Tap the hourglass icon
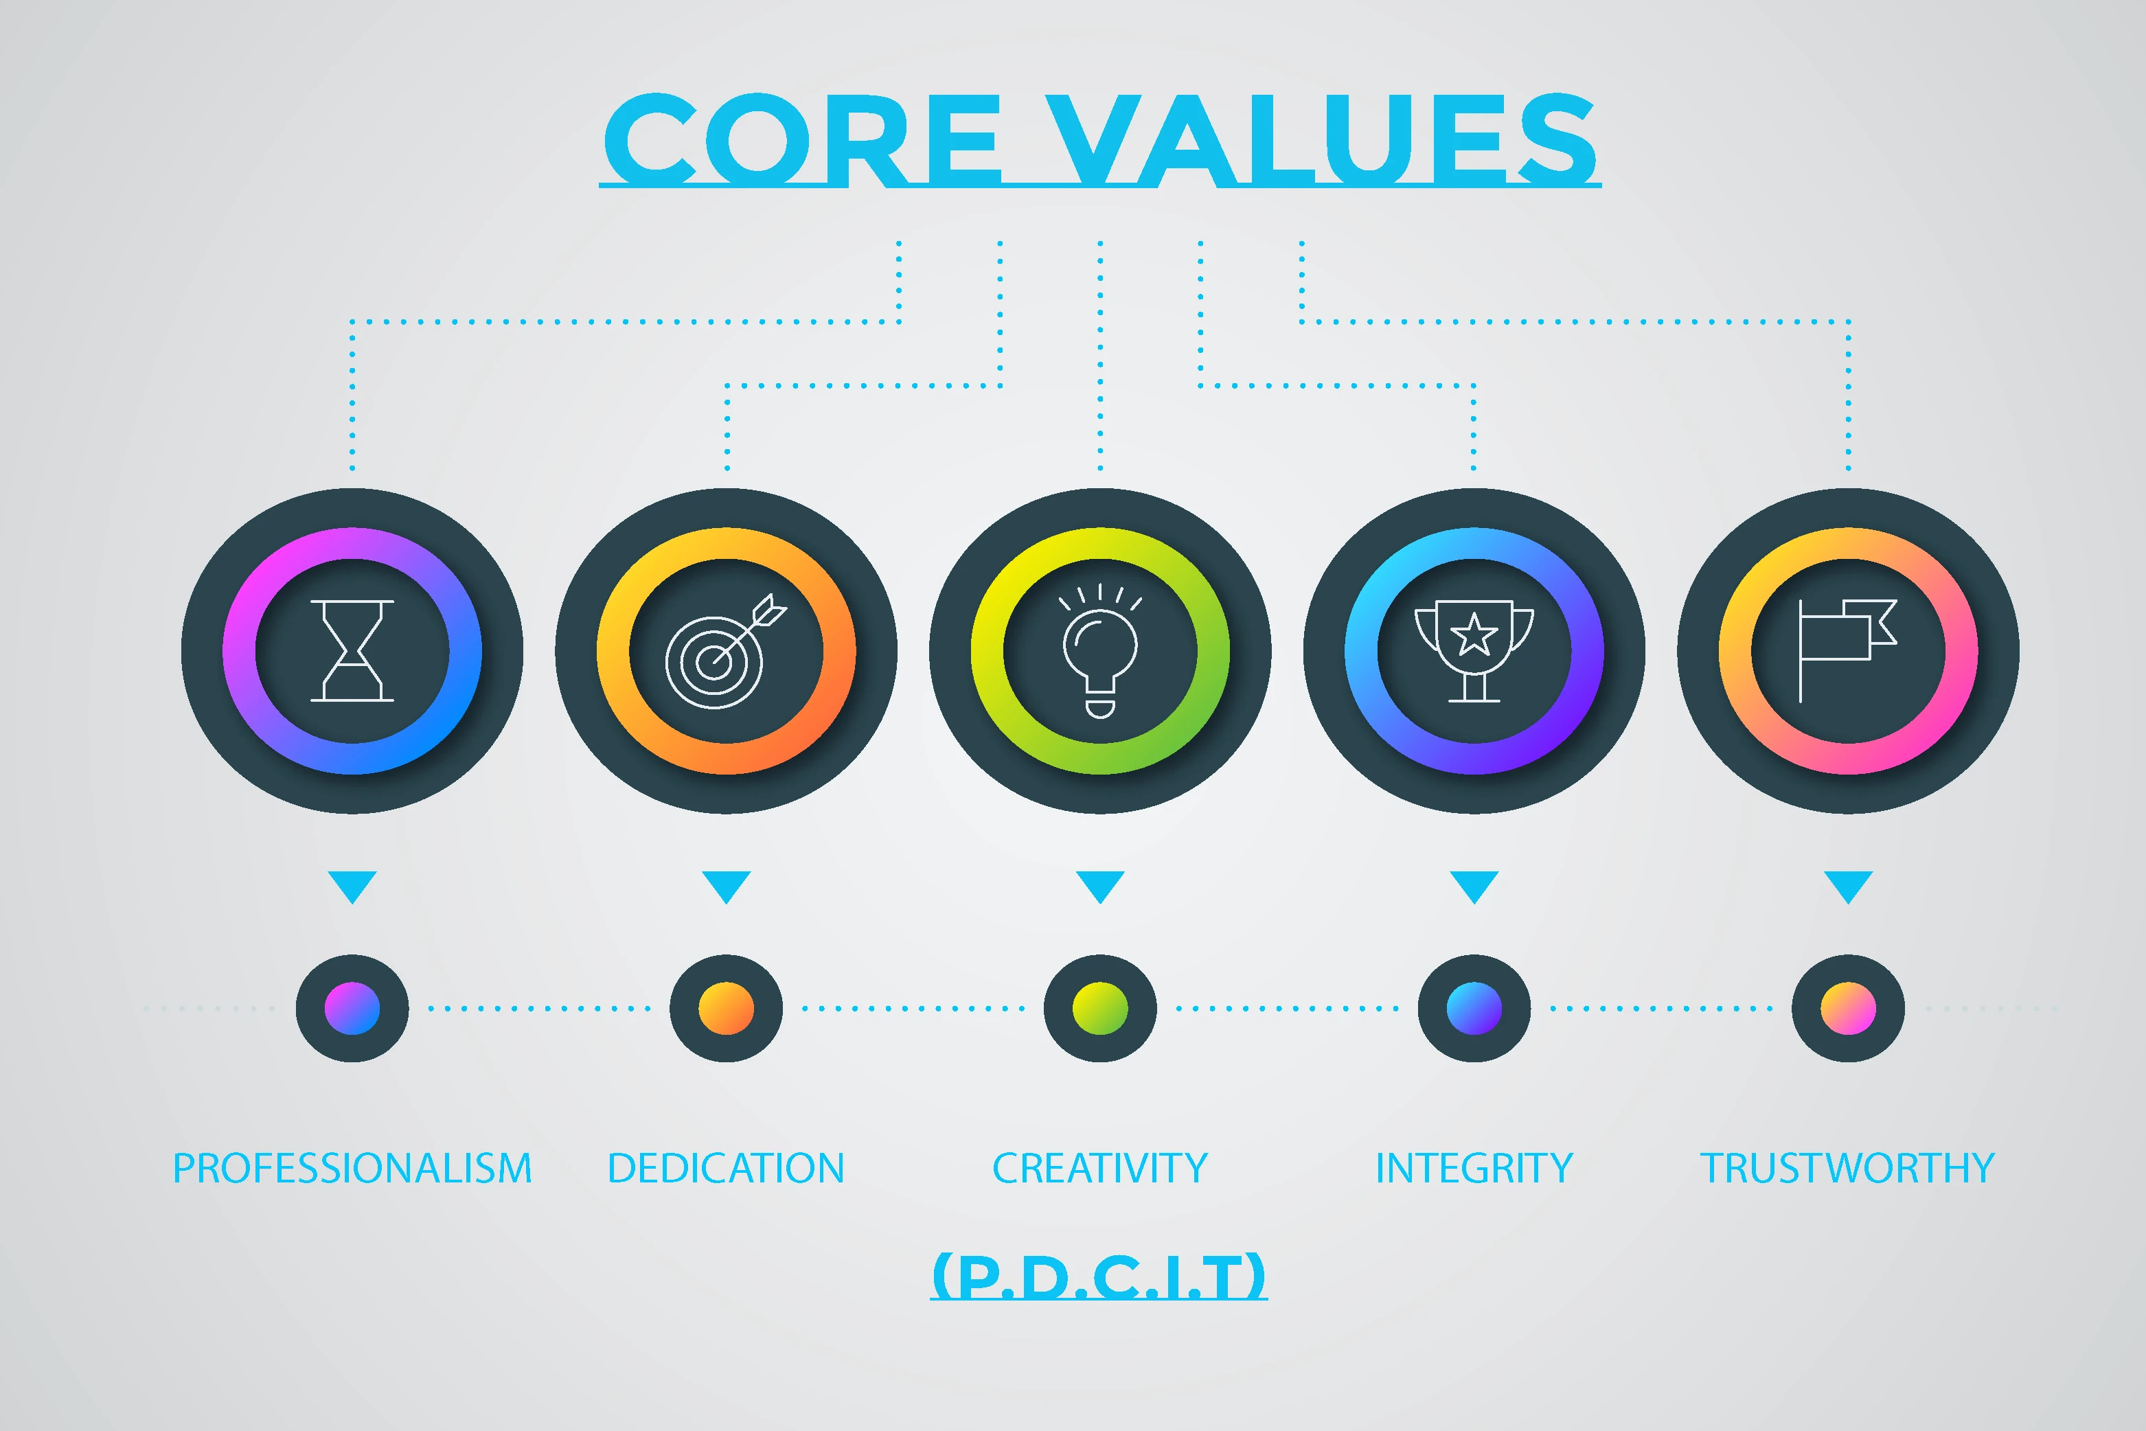coord(352,651)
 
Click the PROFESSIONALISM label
coord(352,1168)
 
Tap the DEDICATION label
coord(727,1168)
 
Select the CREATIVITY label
coord(1100,1168)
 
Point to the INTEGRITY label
coord(1474,1168)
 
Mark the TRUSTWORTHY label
coord(1847,1168)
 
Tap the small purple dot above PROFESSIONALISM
coord(352,1009)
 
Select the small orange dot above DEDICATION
coord(727,1009)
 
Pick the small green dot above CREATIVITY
coord(1100,1009)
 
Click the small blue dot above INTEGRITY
coord(1474,1009)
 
